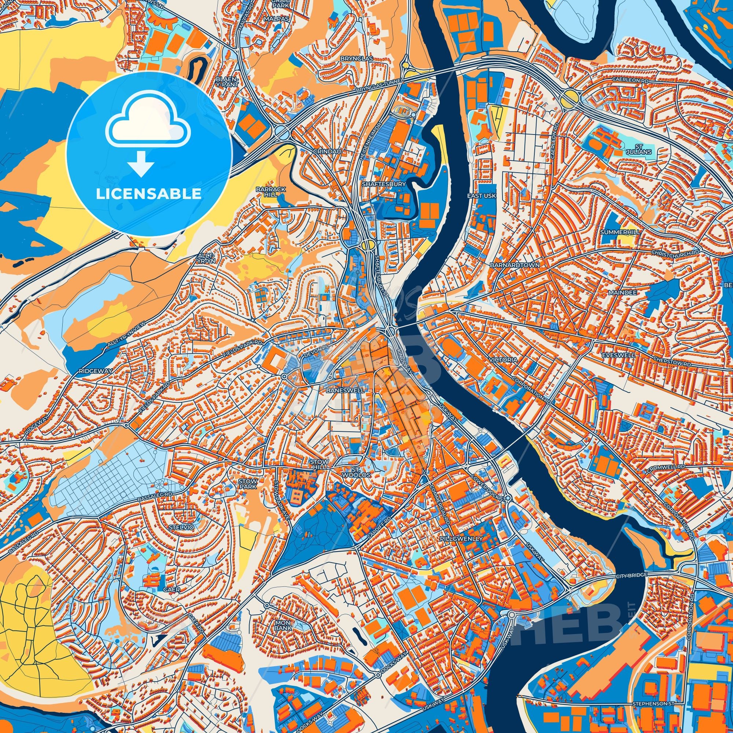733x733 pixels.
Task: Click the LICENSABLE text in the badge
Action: [148, 194]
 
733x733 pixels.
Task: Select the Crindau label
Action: [323, 151]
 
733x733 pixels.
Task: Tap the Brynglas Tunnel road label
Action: [374, 87]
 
